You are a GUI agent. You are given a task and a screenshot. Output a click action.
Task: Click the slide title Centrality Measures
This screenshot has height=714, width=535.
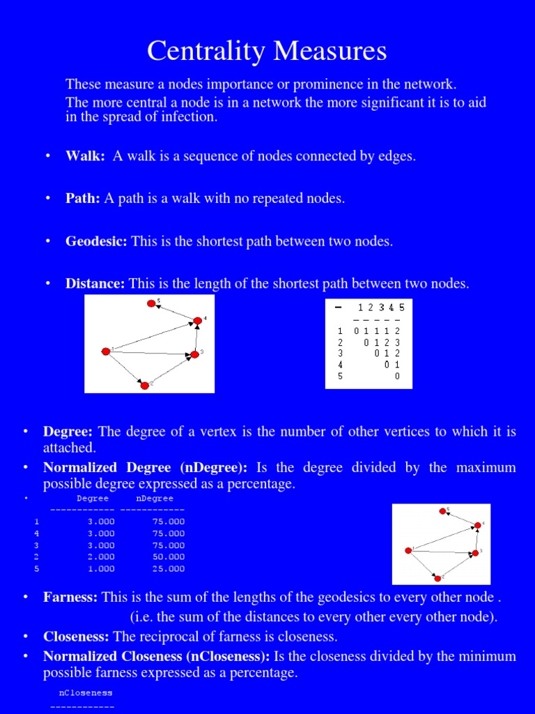(267, 51)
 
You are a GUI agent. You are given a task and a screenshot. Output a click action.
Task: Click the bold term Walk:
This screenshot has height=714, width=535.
(85, 156)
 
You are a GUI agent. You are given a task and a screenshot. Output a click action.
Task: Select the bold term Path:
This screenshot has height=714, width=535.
(84, 199)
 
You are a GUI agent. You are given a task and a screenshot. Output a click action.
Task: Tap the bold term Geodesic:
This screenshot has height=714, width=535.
(96, 242)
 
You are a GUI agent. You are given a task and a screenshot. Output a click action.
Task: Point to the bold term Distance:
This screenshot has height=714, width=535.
(95, 284)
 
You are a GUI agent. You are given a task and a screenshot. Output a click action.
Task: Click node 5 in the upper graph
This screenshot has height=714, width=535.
(151, 303)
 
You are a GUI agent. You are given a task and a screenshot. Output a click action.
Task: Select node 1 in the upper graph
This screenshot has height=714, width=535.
(106, 351)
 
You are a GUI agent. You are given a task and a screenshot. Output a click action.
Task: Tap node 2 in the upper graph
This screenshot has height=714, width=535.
(144, 385)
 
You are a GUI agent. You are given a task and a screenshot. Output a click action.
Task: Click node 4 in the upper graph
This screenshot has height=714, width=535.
(198, 321)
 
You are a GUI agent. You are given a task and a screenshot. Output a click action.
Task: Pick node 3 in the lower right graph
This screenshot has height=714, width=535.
(476, 553)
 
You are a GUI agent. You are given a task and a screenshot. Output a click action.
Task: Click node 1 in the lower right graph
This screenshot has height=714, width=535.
(409, 550)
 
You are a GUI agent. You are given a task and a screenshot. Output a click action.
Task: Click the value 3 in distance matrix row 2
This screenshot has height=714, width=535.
(397, 342)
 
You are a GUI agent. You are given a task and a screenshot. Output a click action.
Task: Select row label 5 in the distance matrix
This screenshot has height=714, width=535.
(340, 376)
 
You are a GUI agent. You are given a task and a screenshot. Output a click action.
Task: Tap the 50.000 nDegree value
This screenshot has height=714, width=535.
(168, 557)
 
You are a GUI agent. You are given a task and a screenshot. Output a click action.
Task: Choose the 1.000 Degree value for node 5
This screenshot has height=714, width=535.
(101, 569)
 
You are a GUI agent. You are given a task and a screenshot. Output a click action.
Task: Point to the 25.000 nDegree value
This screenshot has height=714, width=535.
(168, 569)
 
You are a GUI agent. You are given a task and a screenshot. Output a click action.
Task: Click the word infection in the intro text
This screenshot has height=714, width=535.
(189, 117)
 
